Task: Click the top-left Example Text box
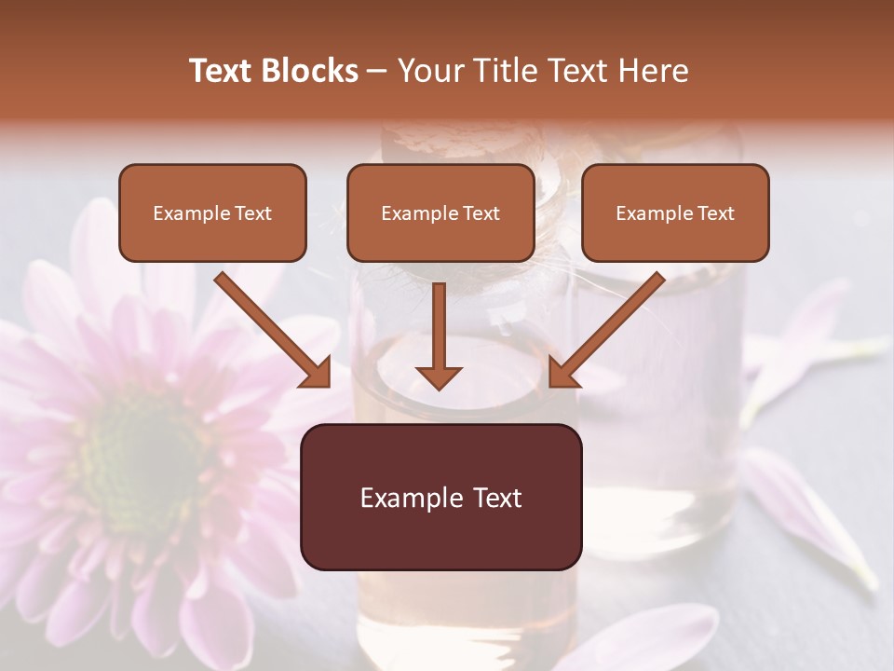(x=212, y=213)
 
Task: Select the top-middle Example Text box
(x=440, y=213)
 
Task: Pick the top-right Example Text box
(x=675, y=213)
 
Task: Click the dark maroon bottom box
(x=440, y=498)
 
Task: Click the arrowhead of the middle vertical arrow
(x=439, y=377)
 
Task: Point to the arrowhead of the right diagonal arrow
(x=562, y=373)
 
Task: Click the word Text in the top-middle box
(x=481, y=213)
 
